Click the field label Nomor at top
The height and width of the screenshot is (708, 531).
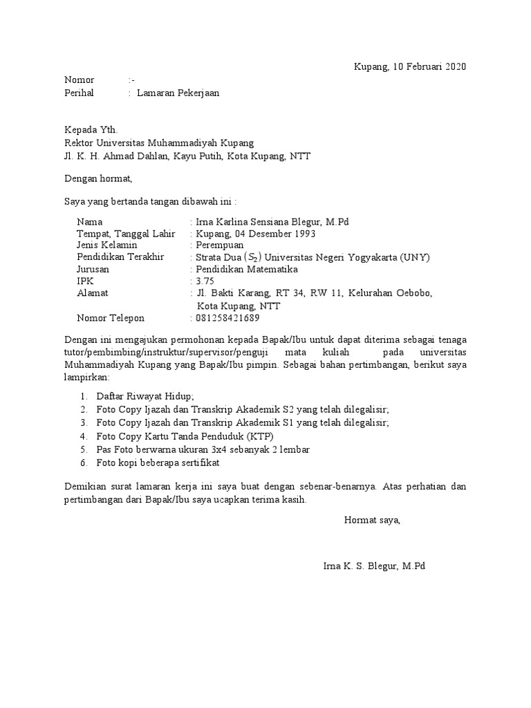pyautogui.click(x=79, y=80)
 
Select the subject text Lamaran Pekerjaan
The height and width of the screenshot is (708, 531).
pyautogui.click(x=178, y=93)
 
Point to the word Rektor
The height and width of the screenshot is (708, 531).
pyautogui.click(x=79, y=143)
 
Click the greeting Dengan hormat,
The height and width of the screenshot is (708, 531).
pyautogui.click(x=97, y=178)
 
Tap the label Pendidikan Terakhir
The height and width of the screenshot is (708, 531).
pyautogui.click(x=120, y=257)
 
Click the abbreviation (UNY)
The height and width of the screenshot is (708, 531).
pyautogui.click(x=414, y=257)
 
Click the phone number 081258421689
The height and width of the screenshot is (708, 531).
pyautogui.click(x=228, y=318)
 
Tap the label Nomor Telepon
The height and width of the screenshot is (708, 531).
pyautogui.click(x=111, y=318)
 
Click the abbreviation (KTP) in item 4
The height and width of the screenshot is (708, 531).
pyautogui.click(x=261, y=436)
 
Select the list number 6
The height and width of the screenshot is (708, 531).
pyautogui.click(x=82, y=462)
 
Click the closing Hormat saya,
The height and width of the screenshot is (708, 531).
pyautogui.click(x=372, y=520)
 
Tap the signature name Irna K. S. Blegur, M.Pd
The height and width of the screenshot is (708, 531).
pyautogui.click(x=374, y=566)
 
